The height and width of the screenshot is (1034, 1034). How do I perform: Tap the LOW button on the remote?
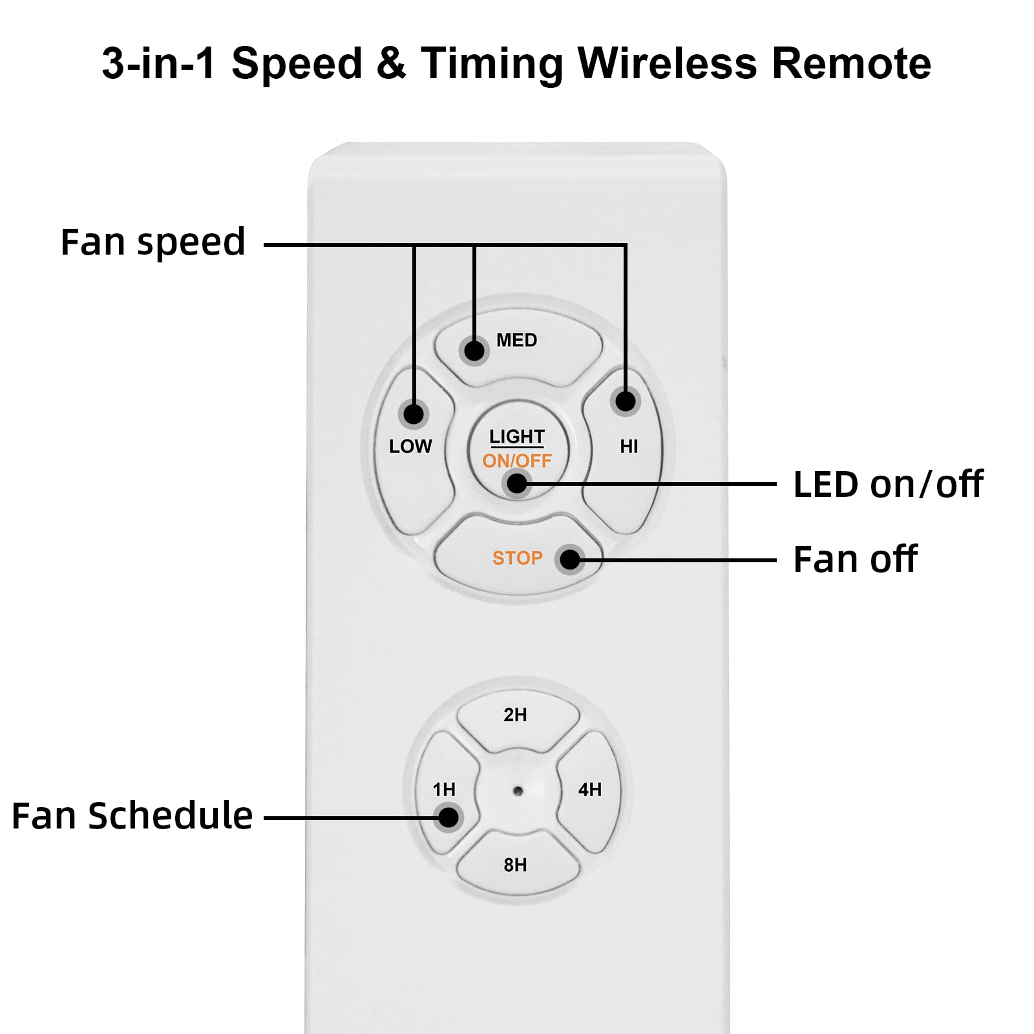coord(411,452)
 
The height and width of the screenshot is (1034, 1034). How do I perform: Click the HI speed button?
coord(626,446)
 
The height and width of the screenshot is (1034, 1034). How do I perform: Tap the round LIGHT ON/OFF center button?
coord(517,449)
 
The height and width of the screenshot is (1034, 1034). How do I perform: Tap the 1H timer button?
coord(445,790)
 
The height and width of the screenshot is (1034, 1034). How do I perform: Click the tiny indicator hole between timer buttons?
coord(518,790)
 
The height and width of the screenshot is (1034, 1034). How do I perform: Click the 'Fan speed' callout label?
coord(153,242)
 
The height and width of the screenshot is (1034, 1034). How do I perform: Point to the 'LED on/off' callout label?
coord(888,484)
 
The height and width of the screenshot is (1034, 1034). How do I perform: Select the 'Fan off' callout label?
coord(854,559)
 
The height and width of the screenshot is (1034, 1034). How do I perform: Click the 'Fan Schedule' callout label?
coord(132,816)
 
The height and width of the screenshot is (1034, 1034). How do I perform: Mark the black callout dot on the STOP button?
coord(570,559)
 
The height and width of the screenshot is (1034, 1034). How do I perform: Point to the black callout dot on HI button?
coord(625,401)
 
